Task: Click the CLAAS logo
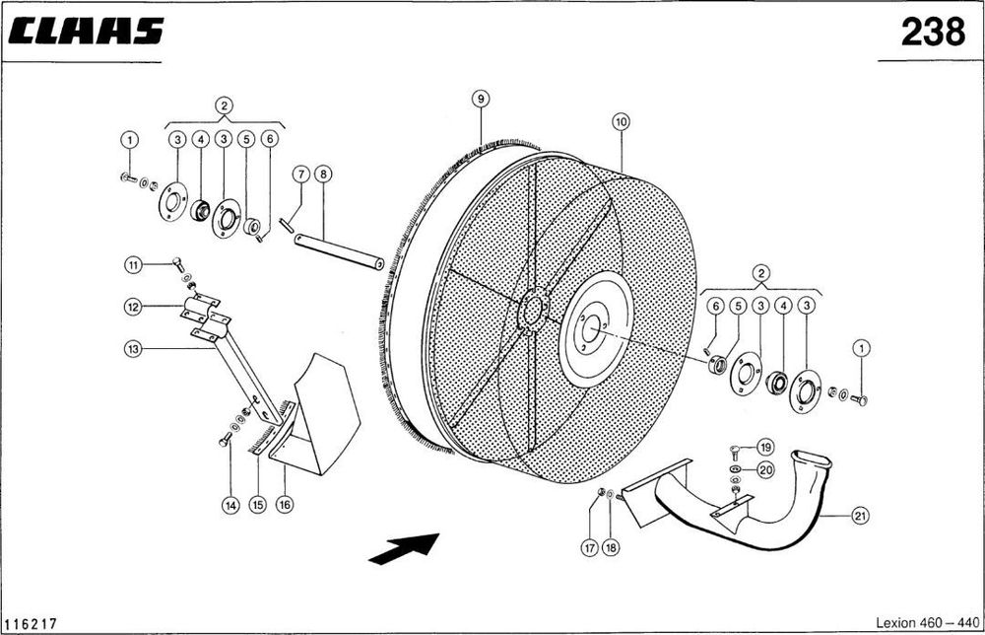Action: click(86, 31)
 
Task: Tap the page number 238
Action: click(933, 32)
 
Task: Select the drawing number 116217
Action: click(31, 624)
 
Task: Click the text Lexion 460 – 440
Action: click(927, 622)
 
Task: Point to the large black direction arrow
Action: click(404, 548)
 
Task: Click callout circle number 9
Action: click(481, 99)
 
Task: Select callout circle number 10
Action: click(621, 121)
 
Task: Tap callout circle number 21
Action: click(860, 516)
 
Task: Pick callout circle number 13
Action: click(133, 349)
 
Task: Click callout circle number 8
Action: click(323, 174)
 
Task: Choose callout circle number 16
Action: click(285, 504)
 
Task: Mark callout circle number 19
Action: click(765, 448)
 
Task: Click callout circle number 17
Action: click(589, 547)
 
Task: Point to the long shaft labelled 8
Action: click(339, 251)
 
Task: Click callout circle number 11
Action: click(133, 265)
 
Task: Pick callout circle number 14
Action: click(231, 505)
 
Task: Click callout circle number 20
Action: click(765, 469)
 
